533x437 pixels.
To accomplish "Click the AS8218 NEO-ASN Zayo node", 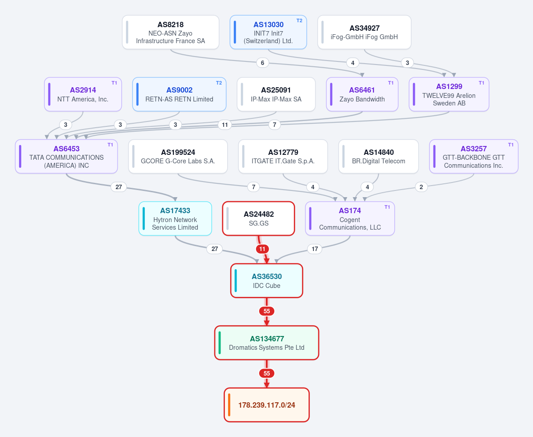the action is click(x=171, y=32).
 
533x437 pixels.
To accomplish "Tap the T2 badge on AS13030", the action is click(x=299, y=21).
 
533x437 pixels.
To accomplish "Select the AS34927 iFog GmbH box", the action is click(x=365, y=32).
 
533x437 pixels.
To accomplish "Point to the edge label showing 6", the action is click(x=262, y=63).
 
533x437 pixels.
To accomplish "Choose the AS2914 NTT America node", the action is click(x=83, y=94).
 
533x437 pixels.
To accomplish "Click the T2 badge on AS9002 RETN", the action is click(x=219, y=83).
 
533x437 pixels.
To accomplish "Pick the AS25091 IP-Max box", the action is click(x=276, y=94).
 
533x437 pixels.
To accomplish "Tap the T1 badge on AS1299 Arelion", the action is click(x=481, y=83).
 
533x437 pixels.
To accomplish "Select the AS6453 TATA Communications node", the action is click(x=66, y=157).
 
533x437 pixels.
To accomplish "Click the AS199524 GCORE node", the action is click(x=178, y=157).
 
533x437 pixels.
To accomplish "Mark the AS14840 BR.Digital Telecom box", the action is click(x=379, y=157).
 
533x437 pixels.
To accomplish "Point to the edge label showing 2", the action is click(x=421, y=187).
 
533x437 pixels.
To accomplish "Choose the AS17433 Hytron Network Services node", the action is click(x=175, y=218).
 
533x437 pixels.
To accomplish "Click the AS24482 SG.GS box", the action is click(x=259, y=218).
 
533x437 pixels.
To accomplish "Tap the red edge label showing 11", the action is click(x=262, y=249).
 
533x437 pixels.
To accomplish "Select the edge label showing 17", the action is click(x=315, y=249).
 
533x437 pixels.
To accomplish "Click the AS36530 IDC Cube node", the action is click(x=267, y=281).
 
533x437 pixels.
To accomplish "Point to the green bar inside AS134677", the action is click(x=220, y=343).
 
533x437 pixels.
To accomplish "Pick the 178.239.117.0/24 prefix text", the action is click(x=267, y=405).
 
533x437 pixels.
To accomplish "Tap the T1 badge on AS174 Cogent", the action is click(x=387, y=207).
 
